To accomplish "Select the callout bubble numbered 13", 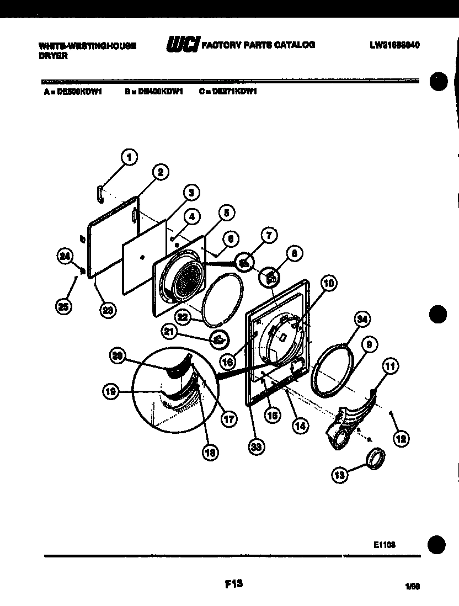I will [339, 474].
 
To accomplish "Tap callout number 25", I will [64, 307].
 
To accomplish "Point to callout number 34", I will [362, 319].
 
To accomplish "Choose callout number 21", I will [169, 331].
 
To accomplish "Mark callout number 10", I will [329, 284].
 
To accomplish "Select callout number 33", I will [255, 447].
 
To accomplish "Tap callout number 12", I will [401, 439].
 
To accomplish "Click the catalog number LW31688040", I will [394, 45].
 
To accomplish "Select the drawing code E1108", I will [383, 544].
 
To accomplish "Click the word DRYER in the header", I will [53, 57].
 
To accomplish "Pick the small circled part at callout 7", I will [243, 262].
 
